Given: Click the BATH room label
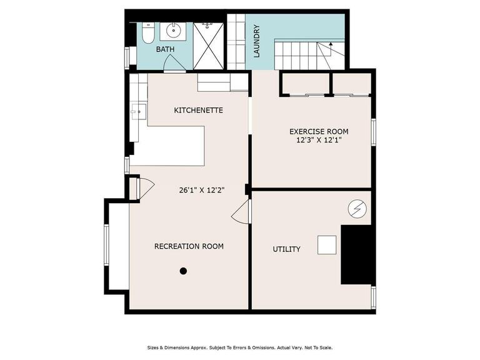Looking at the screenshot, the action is tap(165, 49).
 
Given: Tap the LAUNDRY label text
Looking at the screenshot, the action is tap(257, 41).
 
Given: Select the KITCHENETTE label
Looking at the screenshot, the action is tap(198, 110).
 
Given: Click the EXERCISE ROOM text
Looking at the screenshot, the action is tap(319, 132).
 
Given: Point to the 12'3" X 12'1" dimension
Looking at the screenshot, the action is tap(319, 141).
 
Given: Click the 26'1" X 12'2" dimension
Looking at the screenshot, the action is tap(202, 190).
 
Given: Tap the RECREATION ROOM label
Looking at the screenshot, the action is tap(189, 246).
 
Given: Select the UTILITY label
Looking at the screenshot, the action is tap(286, 249).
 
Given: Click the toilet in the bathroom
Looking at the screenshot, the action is tap(149, 33).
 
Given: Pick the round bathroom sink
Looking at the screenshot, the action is tap(173, 30).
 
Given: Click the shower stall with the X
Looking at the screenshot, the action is tap(209, 46).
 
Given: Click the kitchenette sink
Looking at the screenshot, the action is tap(139, 112).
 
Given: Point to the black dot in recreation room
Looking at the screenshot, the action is tap(183, 271).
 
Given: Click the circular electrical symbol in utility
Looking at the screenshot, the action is tap(357, 209).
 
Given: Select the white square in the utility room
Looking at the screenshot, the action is tap(327, 245).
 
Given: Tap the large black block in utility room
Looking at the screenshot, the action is tap(357, 255).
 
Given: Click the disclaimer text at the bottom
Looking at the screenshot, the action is tap(240, 347).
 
